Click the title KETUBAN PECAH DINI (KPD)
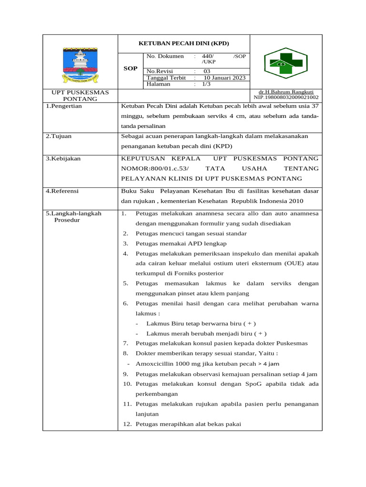click(183, 43)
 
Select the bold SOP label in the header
click(130, 68)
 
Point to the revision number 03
click(207, 71)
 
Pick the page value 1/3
click(206, 84)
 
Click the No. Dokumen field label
click(165, 56)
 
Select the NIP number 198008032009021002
click(286, 97)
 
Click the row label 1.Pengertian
click(63, 106)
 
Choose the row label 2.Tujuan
click(58, 136)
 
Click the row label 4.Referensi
click(62, 191)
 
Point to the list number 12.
click(126, 424)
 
